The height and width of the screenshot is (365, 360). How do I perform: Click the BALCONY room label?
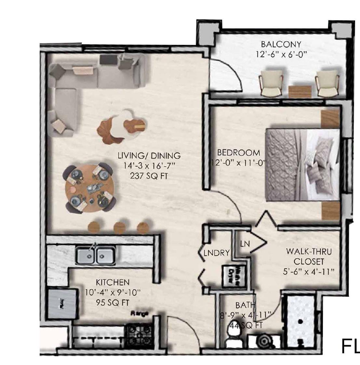[x=281, y=44]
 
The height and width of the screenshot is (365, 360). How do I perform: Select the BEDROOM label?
[x=238, y=152]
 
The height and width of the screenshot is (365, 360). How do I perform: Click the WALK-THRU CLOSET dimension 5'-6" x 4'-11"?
[x=309, y=271]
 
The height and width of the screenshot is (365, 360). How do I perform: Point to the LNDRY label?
[x=217, y=253]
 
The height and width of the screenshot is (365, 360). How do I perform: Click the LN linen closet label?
[x=245, y=243]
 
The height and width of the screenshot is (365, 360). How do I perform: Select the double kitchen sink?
[x=95, y=255]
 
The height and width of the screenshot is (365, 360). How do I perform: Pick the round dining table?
[x=89, y=188]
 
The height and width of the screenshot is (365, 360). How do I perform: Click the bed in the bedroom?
[x=302, y=164]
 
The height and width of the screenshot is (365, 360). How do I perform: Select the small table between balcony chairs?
[x=300, y=91]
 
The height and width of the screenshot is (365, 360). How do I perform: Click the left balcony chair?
[x=271, y=83]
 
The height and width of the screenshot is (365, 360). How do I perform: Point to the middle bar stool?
[x=119, y=227]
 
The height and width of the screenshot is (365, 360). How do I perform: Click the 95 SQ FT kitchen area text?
[x=113, y=303]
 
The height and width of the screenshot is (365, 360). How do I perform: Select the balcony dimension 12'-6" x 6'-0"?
[x=281, y=54]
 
